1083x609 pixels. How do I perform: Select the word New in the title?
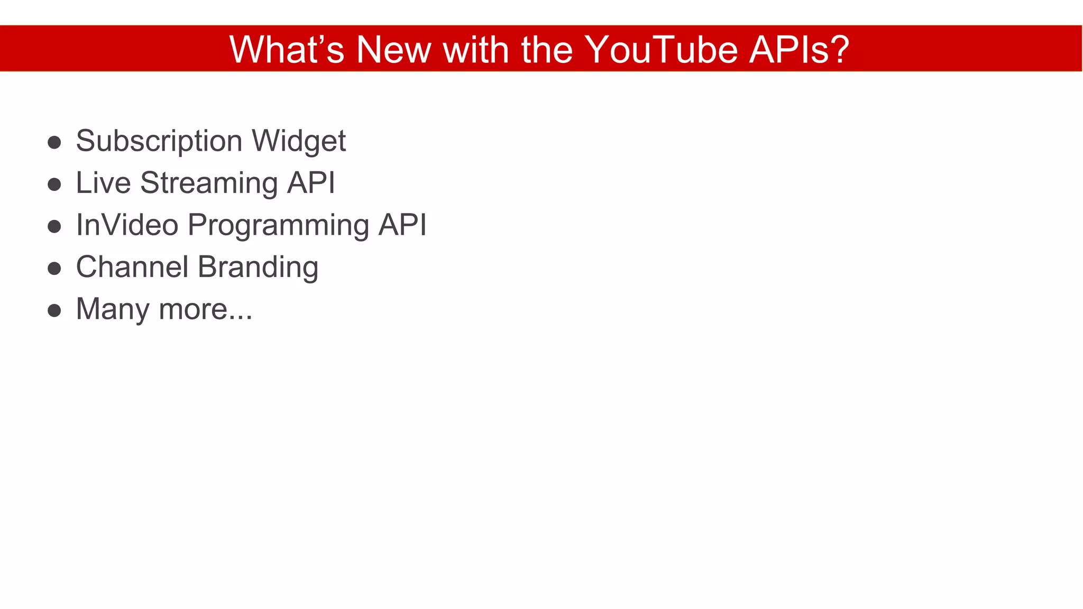(393, 50)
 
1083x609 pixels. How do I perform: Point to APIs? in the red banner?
(799, 50)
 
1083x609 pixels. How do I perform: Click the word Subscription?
(159, 142)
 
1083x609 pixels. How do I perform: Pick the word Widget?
(299, 142)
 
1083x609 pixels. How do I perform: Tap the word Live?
(103, 183)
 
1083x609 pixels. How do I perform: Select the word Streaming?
(209, 184)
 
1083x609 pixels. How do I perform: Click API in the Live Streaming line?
(311, 183)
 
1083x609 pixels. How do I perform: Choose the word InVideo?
(127, 225)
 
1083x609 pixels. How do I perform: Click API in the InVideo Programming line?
(402, 225)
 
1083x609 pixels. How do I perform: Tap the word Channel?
(132, 267)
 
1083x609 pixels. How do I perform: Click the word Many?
(112, 310)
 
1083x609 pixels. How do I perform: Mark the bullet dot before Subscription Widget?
(54, 142)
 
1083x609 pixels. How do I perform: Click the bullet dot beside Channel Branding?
(54, 269)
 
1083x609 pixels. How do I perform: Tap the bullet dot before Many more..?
(54, 310)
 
